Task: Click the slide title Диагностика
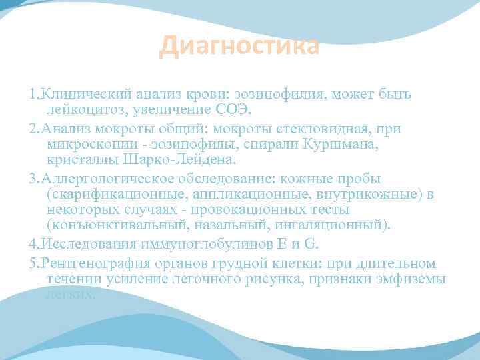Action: point(239,47)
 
